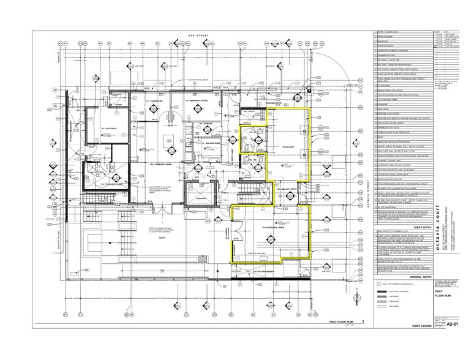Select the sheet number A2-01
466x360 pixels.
point(453,340)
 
